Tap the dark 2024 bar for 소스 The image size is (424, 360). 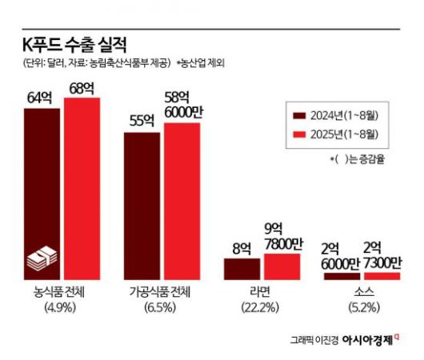(x=342, y=276)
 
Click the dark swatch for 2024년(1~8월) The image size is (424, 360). (x=302, y=114)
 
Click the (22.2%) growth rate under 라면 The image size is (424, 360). (x=262, y=307)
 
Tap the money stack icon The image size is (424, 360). (x=42, y=259)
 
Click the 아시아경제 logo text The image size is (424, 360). (x=367, y=339)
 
